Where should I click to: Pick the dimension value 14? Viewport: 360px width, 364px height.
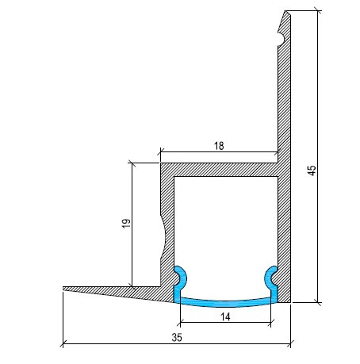tap(225, 316)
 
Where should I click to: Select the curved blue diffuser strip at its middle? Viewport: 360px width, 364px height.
tap(225, 300)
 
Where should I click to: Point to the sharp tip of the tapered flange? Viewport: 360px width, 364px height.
tap(63, 289)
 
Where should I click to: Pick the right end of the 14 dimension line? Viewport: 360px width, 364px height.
tap(272, 323)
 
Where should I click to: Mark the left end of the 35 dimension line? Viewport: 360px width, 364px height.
tap(63, 344)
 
